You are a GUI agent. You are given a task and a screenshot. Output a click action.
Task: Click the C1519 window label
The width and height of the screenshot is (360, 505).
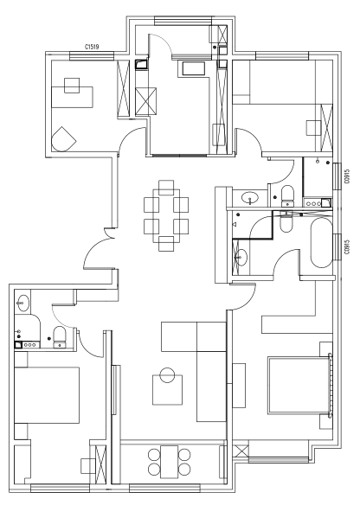pos(92,47)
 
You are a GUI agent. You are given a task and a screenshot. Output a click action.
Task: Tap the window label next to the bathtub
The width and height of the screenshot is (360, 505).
pos(347,246)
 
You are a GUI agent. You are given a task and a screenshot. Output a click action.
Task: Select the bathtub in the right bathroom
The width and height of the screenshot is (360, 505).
pos(321,243)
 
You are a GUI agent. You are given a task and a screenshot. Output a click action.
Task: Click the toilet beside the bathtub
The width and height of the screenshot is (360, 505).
pos(286,221)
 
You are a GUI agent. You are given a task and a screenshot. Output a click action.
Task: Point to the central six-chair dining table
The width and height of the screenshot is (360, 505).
pos(166,215)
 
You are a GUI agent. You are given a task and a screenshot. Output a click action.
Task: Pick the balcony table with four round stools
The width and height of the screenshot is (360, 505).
pos(170,462)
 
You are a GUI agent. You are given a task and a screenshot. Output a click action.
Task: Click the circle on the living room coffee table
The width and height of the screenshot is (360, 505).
pos(167,375)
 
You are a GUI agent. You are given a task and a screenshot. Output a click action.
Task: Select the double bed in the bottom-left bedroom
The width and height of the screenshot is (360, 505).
pos(47,395)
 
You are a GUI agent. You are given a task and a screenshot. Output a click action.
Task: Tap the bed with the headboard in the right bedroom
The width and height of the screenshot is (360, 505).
pos(299,385)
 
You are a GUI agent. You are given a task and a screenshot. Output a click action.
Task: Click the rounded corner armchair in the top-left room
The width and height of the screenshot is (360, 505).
pos(63,139)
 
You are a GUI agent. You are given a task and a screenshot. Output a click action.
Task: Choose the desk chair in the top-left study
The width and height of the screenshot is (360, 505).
pos(72,86)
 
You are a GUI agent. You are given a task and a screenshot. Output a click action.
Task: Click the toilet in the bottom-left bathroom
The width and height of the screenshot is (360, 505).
pos(60,337)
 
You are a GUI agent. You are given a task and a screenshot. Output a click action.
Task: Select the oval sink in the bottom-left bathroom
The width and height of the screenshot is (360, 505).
pos(22,303)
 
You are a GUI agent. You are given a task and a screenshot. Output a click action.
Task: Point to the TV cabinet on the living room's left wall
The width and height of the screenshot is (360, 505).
pos(116,390)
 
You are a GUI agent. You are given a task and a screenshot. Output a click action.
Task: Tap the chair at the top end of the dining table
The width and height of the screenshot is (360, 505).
pos(166,188)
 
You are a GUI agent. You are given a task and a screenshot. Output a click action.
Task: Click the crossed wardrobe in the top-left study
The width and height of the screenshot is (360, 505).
pos(124,87)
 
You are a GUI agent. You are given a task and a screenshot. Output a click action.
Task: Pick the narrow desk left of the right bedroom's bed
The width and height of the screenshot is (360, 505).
pos(239,385)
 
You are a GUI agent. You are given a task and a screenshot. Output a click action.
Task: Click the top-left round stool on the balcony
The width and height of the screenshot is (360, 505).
pos(154,455)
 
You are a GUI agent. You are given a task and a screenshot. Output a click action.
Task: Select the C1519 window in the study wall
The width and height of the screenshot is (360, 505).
pos(92,56)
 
